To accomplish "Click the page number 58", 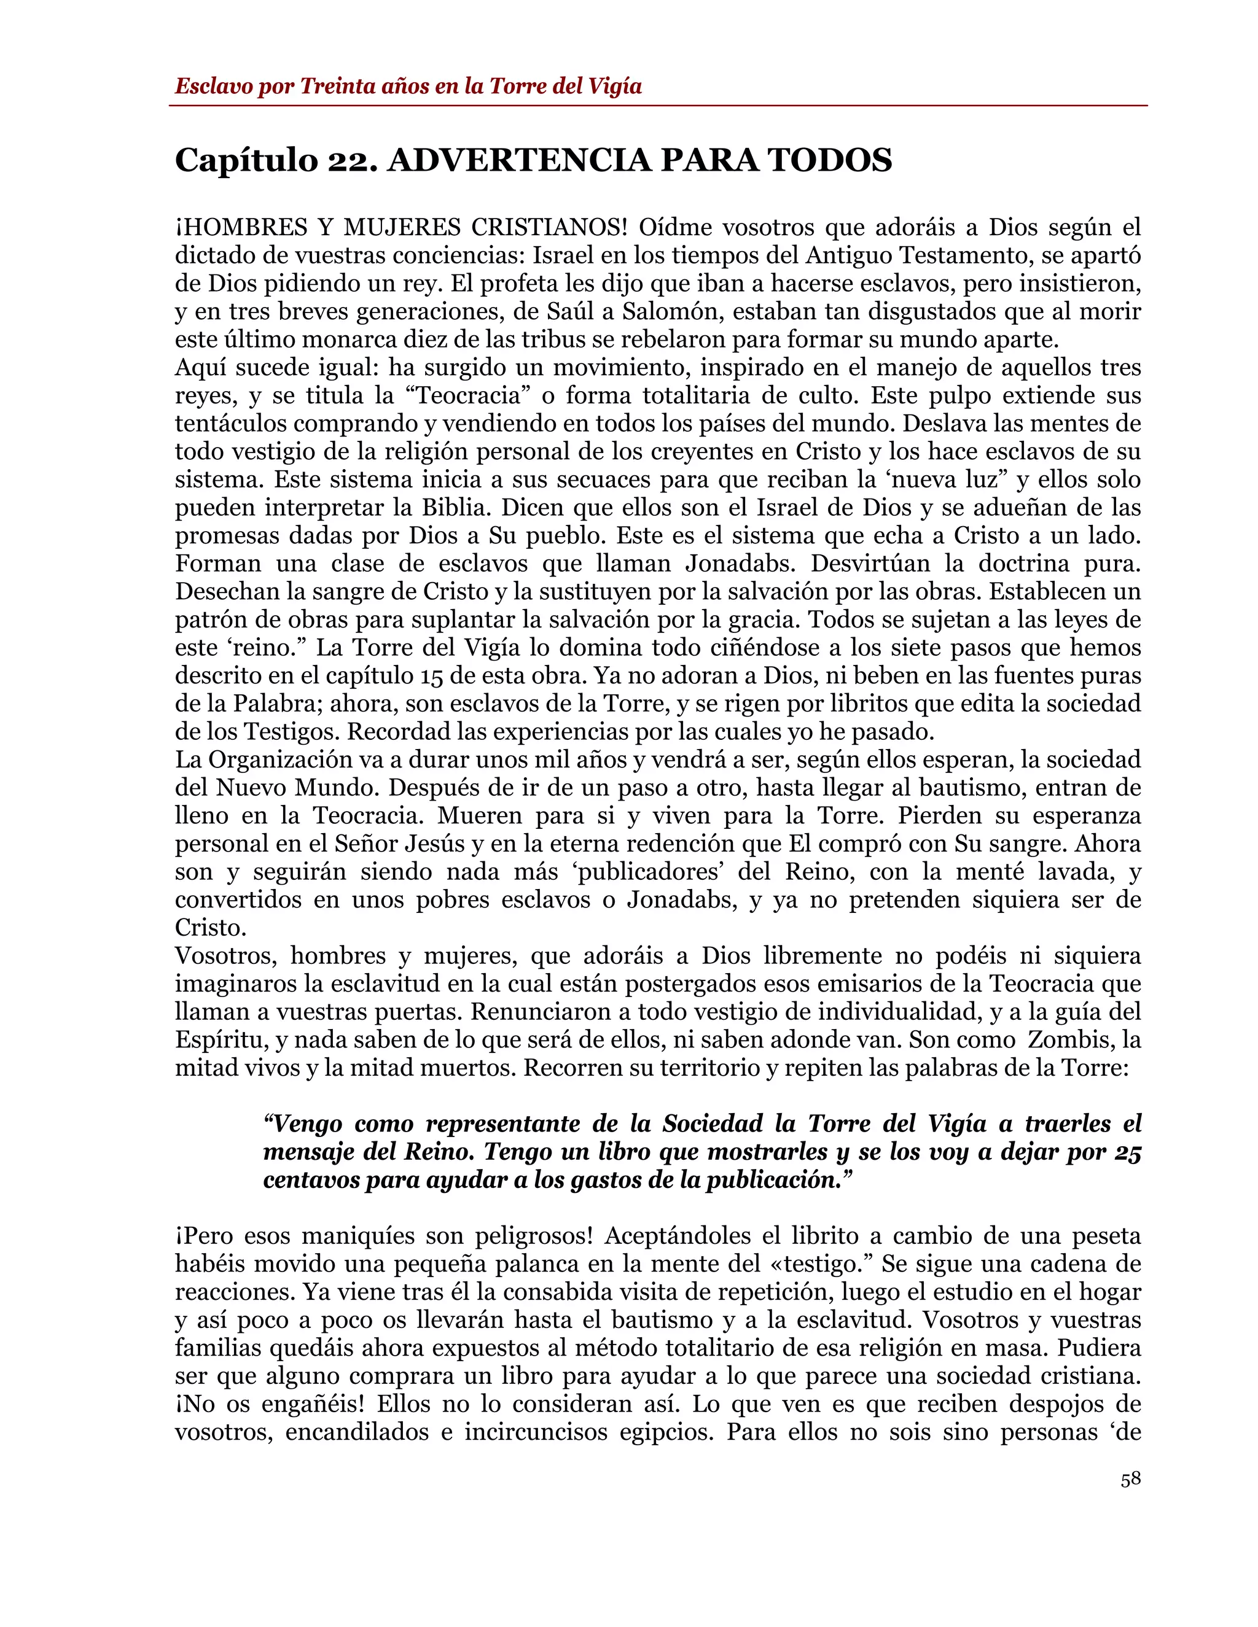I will pos(1130,1479).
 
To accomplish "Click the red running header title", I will pos(408,87).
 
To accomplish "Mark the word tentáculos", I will pos(231,424).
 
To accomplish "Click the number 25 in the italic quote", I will pos(1128,1152).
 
